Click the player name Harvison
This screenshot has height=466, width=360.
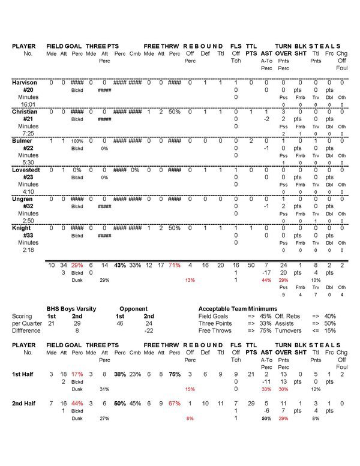click(25, 82)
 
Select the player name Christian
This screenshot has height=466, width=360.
click(25, 112)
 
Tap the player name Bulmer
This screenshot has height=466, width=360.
click(22, 140)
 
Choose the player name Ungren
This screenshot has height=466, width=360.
click(23, 199)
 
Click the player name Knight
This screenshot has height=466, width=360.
click(22, 229)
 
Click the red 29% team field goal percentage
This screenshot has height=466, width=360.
click(77, 264)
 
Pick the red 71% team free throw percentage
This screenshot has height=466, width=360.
click(174, 264)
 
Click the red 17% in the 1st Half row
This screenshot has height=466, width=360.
click(77, 374)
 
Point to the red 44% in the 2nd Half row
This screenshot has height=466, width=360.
click(77, 404)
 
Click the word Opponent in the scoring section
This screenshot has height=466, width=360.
click(133, 309)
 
